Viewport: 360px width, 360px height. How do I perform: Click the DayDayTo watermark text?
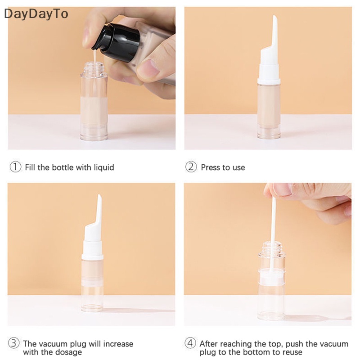click(36, 14)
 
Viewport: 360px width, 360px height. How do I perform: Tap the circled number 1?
click(15, 167)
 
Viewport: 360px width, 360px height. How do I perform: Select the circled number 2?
click(191, 167)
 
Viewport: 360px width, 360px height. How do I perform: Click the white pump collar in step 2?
click(269, 72)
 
